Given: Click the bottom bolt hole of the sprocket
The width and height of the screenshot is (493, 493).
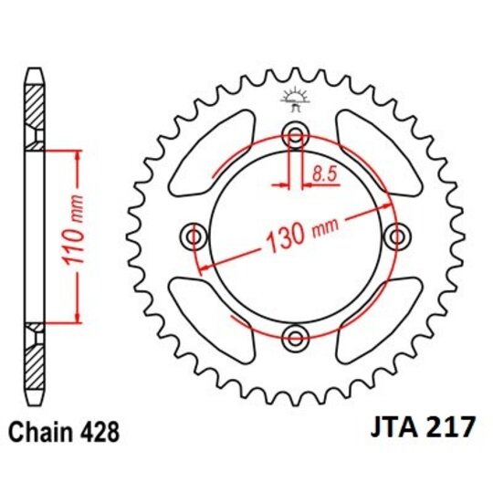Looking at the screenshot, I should pyautogui.click(x=294, y=339).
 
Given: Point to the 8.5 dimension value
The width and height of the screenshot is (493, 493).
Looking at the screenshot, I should pyautogui.click(x=322, y=169).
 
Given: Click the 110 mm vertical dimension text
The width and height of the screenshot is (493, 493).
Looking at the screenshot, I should pyautogui.click(x=77, y=234).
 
